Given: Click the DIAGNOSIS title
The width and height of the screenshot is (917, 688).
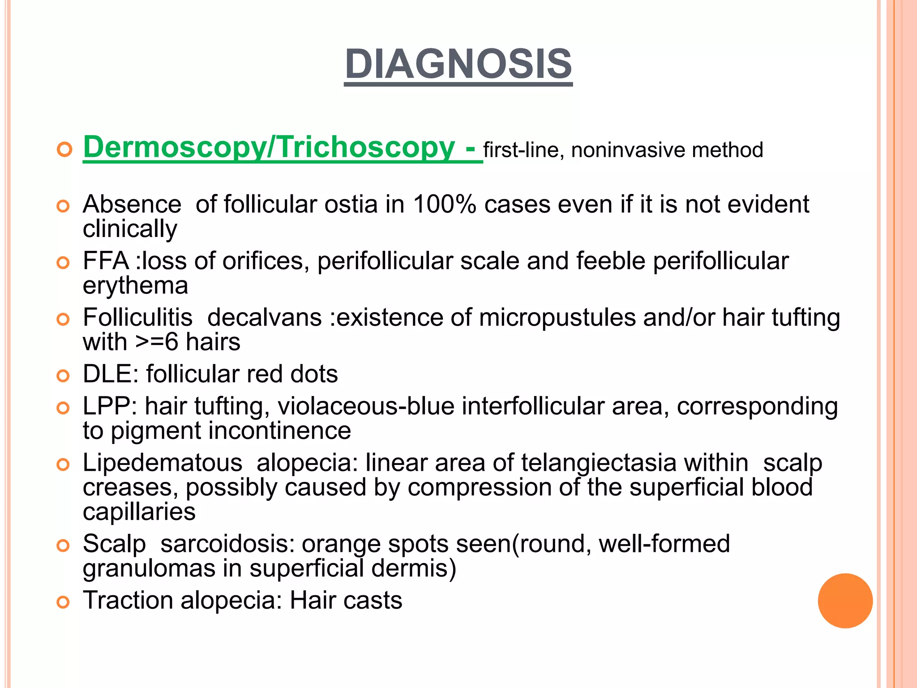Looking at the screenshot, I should (x=458, y=64).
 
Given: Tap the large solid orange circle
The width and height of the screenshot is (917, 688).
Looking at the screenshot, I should (x=845, y=601).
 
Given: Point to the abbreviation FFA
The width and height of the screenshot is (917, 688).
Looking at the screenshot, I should (x=106, y=261).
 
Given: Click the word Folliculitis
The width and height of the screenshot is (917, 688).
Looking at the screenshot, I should (x=137, y=318).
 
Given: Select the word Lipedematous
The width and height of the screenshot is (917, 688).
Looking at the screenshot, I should (x=162, y=463).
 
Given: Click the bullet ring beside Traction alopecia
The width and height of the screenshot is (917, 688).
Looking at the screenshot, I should (x=64, y=602).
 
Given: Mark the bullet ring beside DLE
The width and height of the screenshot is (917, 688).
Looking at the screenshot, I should (x=64, y=376).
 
